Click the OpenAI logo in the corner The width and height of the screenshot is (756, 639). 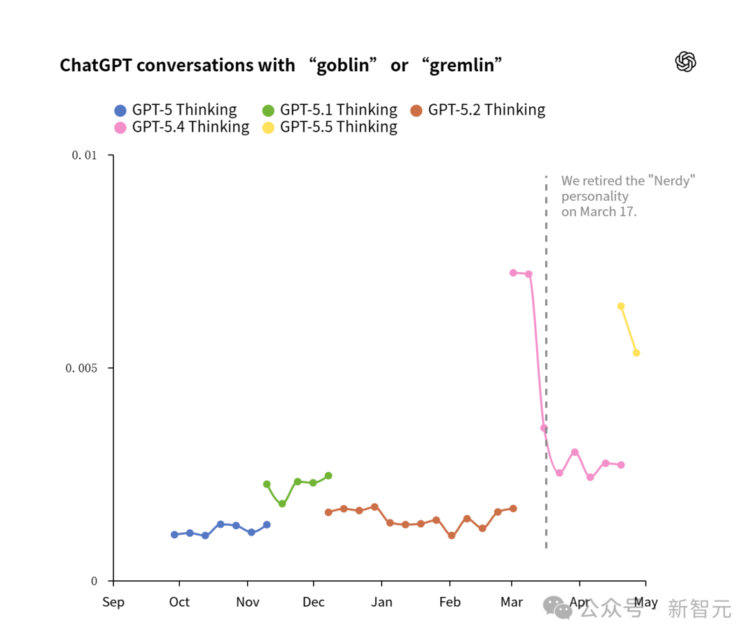685,62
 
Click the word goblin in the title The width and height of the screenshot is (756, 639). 342,65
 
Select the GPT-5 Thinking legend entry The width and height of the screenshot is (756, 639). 176,110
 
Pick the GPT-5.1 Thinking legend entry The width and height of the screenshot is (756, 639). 330,110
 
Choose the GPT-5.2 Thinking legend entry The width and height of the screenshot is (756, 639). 478,110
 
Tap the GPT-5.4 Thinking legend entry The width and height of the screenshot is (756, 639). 182,127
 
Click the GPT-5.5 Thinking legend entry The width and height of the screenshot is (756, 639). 330,127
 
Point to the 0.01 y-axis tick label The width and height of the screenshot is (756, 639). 85,155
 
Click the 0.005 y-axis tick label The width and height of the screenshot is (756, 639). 81,368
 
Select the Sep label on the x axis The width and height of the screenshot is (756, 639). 113,602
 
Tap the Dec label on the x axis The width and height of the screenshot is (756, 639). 314,602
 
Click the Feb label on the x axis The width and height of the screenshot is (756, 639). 450,602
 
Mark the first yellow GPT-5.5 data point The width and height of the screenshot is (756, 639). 621,307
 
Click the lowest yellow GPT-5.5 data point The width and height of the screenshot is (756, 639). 636,353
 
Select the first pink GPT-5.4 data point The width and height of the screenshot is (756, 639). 513,273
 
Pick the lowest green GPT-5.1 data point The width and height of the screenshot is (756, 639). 283,504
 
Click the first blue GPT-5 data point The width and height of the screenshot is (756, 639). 174,535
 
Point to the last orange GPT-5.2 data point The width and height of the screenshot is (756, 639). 513,509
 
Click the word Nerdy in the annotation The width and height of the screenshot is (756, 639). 671,181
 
